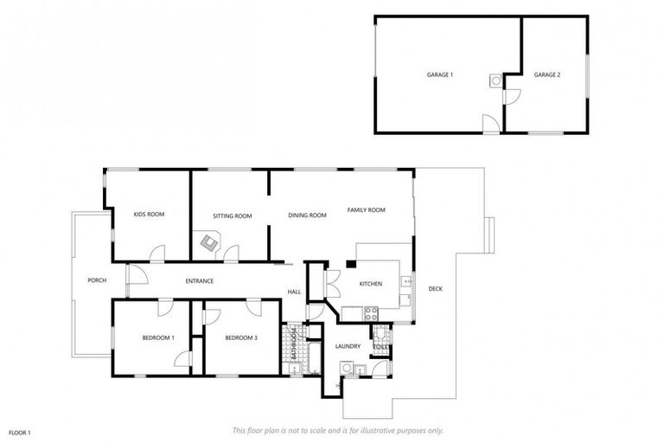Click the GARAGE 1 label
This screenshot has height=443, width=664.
[x=439, y=75]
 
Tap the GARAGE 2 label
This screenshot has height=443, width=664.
[x=546, y=75]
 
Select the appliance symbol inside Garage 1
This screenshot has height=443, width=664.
[x=495, y=80]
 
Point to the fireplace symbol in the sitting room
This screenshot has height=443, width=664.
[x=209, y=244]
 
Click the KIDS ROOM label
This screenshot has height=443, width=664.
[x=149, y=214]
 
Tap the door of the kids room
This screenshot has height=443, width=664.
[x=157, y=254]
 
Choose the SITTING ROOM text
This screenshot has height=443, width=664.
[x=233, y=215]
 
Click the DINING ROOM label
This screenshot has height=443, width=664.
[x=307, y=215]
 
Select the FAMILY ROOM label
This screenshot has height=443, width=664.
[x=366, y=210]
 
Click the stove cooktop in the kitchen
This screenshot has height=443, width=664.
[x=371, y=312]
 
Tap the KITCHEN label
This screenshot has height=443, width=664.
[x=371, y=284]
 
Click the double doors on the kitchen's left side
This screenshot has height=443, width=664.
[x=331, y=284]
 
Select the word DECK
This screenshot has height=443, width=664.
[x=435, y=288]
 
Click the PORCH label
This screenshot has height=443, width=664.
[x=96, y=280]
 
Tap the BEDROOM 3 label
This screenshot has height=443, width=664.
[x=241, y=337]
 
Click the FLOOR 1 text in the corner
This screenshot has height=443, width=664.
[x=20, y=432]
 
